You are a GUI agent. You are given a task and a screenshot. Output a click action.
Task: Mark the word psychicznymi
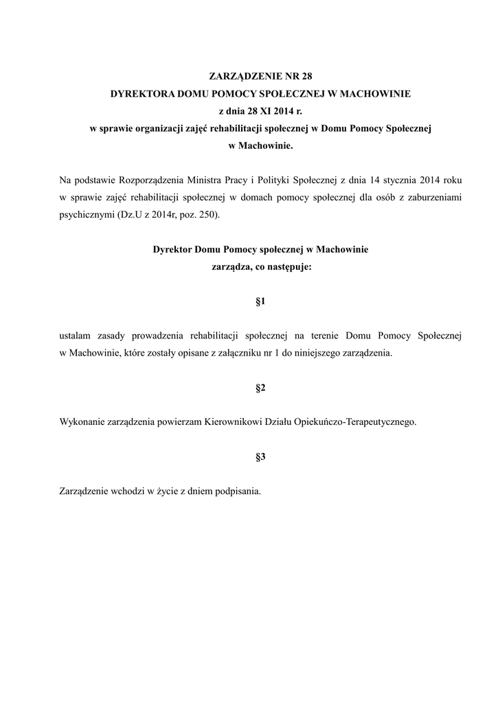point(88,215)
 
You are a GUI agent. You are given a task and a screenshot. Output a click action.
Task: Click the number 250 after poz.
point(210,215)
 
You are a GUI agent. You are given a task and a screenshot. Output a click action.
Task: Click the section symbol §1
point(260,301)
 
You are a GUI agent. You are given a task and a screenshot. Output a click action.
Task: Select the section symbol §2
point(260,389)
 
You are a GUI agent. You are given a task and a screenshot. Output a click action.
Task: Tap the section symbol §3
point(260,457)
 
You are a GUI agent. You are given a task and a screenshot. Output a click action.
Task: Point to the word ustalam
point(76,336)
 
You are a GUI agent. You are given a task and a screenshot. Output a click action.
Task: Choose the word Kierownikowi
point(232,423)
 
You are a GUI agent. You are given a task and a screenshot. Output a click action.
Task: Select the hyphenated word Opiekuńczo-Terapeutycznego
point(354,423)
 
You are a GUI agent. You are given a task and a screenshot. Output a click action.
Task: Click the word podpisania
point(237,492)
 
